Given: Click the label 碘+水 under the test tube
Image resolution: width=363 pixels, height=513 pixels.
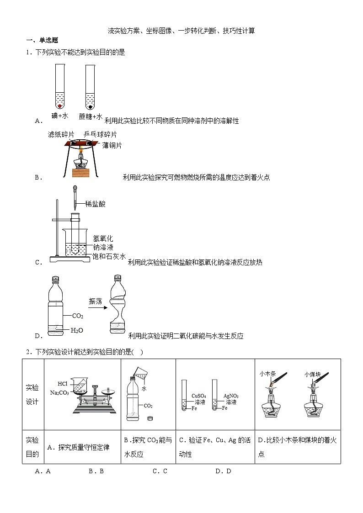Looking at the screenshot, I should tap(60, 116).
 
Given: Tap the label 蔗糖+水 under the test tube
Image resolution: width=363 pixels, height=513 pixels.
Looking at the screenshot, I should tap(91, 116).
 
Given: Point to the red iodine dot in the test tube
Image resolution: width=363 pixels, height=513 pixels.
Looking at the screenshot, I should tap(60, 106).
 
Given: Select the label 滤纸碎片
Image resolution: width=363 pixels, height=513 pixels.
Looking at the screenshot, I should tap(62, 134).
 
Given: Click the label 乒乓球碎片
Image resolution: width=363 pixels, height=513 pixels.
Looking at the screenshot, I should tap(100, 134).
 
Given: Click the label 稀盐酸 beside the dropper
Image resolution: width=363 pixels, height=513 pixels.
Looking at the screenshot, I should tap(95, 204).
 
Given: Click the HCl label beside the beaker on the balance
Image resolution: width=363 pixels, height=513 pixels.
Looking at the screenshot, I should tap(63, 383).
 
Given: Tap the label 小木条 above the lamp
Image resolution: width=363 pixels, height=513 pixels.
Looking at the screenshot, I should tap(267, 374).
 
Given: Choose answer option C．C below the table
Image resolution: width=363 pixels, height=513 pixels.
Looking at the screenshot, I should tap(160, 471).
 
